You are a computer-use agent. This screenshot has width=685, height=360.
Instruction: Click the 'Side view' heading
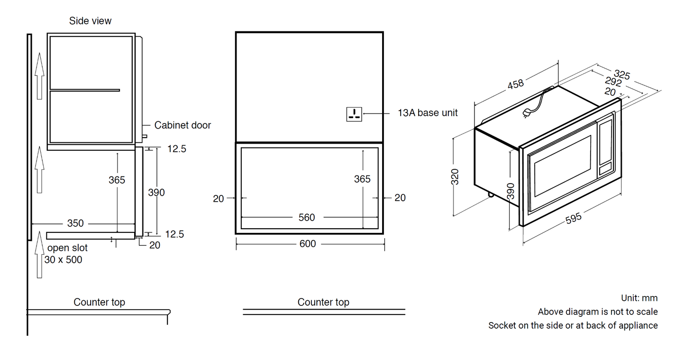click(90, 21)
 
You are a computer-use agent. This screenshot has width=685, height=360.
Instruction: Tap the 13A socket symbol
click(354, 114)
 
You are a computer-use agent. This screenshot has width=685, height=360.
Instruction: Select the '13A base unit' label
click(428, 113)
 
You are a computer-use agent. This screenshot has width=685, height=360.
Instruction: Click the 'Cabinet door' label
click(183, 125)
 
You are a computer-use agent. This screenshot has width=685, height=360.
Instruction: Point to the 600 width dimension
click(308, 244)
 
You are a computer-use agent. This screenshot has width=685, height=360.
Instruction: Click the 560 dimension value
click(307, 217)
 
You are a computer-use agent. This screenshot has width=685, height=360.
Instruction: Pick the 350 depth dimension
click(75, 223)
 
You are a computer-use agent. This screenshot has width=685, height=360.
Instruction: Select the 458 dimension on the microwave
click(515, 84)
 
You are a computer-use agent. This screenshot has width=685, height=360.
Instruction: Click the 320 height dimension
click(455, 176)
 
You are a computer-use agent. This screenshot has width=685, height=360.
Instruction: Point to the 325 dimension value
click(621, 74)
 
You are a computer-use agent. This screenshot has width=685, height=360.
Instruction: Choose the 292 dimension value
click(613, 82)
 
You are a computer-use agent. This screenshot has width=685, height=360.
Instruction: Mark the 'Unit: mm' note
click(639, 298)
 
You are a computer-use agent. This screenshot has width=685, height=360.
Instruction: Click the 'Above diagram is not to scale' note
click(597, 312)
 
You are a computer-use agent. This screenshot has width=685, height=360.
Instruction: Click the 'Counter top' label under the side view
click(99, 302)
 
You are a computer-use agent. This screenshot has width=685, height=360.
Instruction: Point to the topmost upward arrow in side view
click(39, 76)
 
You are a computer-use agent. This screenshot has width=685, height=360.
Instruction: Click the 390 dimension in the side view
click(156, 192)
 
